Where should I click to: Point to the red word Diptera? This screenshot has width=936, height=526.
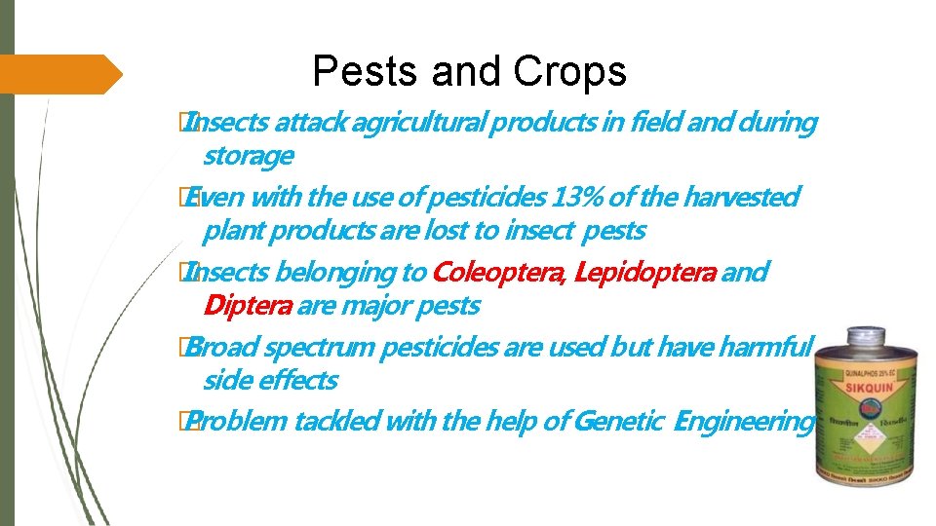(x=247, y=306)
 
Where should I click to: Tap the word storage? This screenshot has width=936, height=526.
(x=248, y=156)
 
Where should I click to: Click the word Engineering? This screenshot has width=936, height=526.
(x=744, y=422)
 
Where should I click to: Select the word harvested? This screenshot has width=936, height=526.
(x=740, y=198)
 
